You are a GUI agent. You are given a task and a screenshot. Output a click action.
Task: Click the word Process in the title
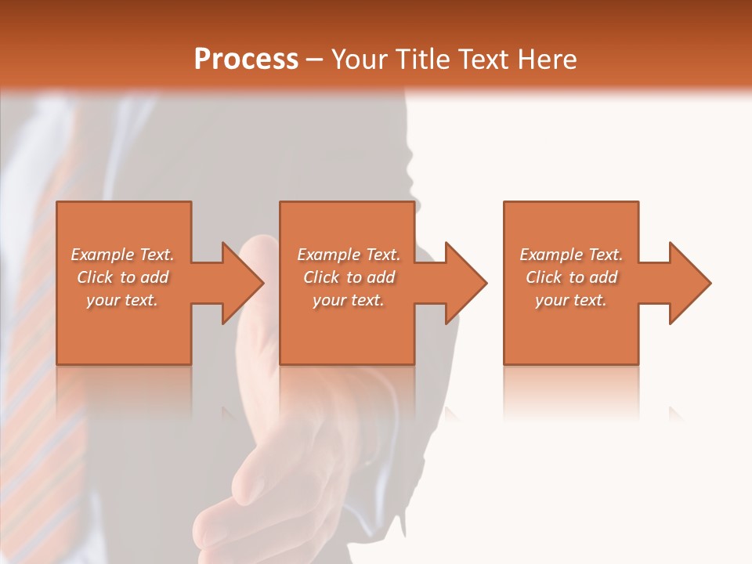click(x=246, y=60)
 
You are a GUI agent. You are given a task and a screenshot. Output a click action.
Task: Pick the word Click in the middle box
click(x=320, y=277)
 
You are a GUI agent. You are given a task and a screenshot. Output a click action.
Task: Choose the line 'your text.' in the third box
click(x=571, y=300)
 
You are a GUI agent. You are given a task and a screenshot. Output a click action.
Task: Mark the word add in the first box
click(x=154, y=277)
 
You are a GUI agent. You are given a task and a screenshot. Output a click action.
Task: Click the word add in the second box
click(x=381, y=277)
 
